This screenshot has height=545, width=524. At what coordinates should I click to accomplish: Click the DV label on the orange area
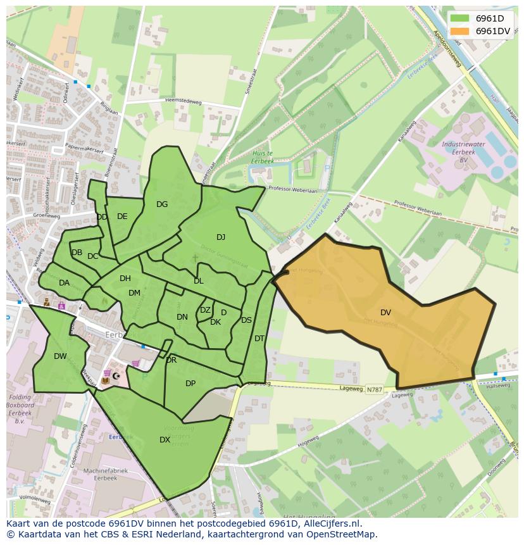(x=385, y=312)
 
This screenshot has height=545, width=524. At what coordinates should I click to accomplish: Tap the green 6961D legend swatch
(x=460, y=18)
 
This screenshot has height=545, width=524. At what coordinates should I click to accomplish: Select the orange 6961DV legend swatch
(x=460, y=31)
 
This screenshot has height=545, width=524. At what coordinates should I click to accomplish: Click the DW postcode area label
(x=60, y=356)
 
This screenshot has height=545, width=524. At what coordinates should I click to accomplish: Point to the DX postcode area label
(x=165, y=439)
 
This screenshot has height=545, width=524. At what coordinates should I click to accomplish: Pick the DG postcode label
(x=162, y=204)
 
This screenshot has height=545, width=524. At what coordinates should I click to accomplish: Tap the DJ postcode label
(x=221, y=237)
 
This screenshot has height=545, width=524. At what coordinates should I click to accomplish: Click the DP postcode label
(x=190, y=383)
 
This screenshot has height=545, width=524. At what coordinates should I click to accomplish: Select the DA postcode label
(x=64, y=283)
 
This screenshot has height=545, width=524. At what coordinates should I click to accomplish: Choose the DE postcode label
(x=122, y=216)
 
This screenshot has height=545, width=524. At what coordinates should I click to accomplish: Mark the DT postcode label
(x=259, y=339)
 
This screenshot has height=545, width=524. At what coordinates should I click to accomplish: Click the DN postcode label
(x=182, y=317)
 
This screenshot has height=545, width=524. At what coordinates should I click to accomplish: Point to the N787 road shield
(x=374, y=390)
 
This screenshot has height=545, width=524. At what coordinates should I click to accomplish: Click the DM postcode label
(x=134, y=293)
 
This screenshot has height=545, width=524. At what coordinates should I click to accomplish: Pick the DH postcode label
(x=125, y=279)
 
